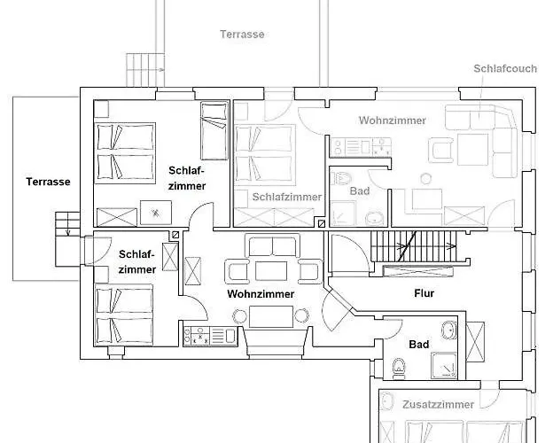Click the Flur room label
(x=424, y=293)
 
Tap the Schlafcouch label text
(x=505, y=68)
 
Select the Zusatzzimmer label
(x=438, y=404)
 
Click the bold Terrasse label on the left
(x=48, y=182)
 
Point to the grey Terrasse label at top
(x=242, y=35)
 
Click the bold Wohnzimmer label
(x=261, y=294)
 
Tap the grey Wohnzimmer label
(x=393, y=120)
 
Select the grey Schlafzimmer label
(x=287, y=197)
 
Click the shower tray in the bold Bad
(x=444, y=365)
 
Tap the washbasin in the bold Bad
(x=449, y=330)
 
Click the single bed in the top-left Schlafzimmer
(x=214, y=131)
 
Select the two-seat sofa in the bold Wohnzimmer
(x=272, y=245)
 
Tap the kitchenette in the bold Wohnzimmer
(x=210, y=336)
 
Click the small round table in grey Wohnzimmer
(x=426, y=179)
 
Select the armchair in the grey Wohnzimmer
(x=440, y=151)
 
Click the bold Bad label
(x=419, y=345)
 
